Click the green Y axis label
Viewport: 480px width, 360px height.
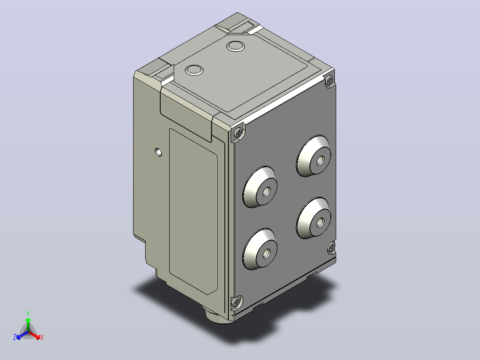(x=28, y=313)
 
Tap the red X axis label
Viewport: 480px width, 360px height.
(x=42, y=337)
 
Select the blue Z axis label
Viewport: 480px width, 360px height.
(x=15, y=337)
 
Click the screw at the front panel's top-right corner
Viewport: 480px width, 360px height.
(x=329, y=81)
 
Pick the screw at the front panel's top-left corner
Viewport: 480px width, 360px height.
(x=239, y=133)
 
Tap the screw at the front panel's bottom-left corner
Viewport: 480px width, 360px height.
(x=236, y=303)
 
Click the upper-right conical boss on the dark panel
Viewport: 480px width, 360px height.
(x=314, y=156)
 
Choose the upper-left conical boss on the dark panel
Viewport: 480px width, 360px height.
(x=260, y=187)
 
